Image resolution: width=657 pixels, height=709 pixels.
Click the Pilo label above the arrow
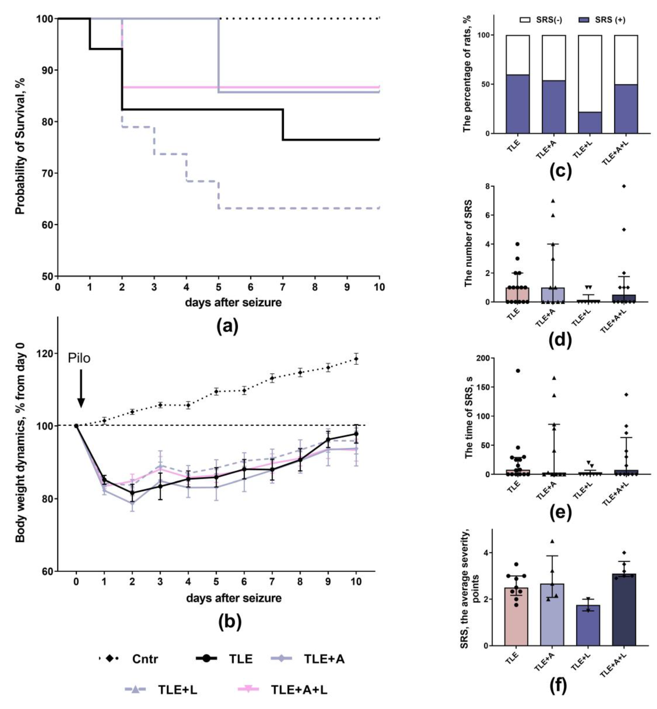coord(79,358)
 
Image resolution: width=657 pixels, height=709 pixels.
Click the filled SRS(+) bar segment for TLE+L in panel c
coord(590,123)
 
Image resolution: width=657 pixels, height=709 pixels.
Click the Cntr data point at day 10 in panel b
coord(356,359)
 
